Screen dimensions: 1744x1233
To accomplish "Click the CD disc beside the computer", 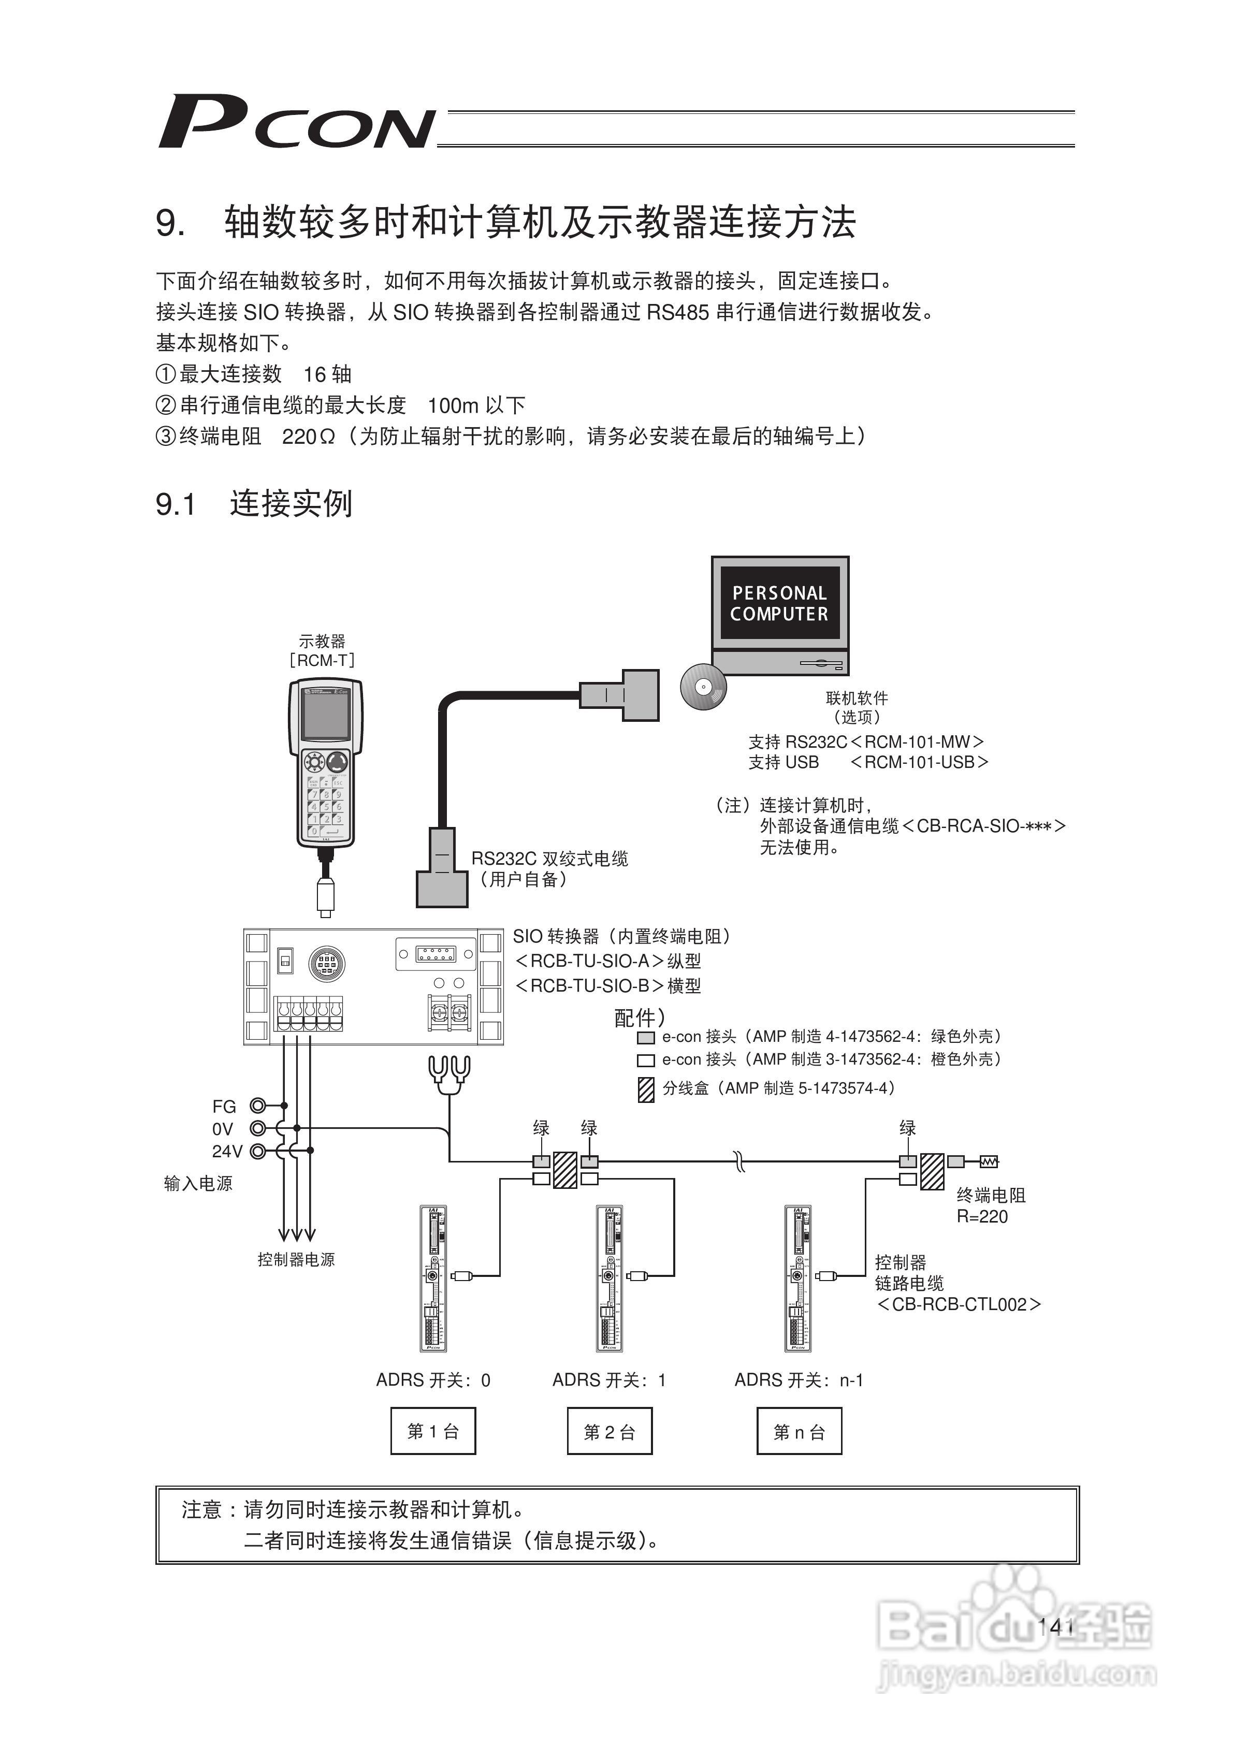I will click(703, 688).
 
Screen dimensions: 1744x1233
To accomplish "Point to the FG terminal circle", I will click(258, 1106).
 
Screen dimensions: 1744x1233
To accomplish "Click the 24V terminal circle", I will click(258, 1152).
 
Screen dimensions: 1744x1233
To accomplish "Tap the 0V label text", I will click(223, 1129).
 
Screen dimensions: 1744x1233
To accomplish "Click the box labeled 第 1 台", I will click(433, 1432).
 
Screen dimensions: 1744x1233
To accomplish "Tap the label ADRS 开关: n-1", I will click(799, 1380).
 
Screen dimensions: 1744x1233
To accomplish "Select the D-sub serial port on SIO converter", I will click(436, 954).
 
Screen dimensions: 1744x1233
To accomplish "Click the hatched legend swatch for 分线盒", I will click(646, 1089).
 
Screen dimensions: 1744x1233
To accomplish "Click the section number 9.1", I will click(176, 505).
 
